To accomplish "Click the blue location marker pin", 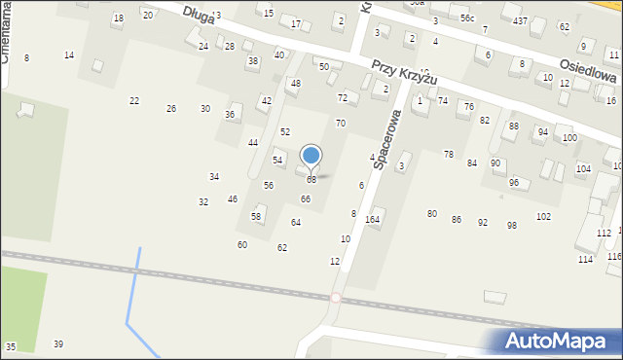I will pos(311,156).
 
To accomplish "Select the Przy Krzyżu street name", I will pos(404,71).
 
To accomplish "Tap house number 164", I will pos(372,219).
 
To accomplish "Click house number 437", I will pos(521,20).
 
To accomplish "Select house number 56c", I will pos(467,18).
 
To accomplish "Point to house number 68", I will pos(311,180).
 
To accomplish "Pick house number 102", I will pos(543,216).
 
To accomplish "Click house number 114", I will pos(585,259).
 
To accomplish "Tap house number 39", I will pos(58,344).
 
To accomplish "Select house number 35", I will pos(11,346).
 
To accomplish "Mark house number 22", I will pos(134,100).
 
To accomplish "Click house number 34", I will pos(214,176).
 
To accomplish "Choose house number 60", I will pos(242,244).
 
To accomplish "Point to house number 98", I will pos(511,225).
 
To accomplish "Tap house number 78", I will pos(449,155).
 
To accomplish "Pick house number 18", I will pos(119,18).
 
